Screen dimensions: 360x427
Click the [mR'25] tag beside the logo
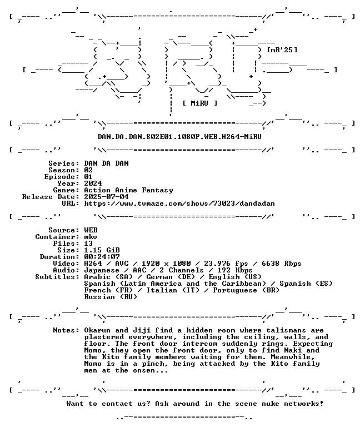[282, 50]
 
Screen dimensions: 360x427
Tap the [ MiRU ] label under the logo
[200, 103]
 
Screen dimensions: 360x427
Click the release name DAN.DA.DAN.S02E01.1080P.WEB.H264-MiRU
[179, 136]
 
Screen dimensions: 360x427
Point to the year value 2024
[93, 183]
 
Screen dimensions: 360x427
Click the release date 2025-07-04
[106, 197]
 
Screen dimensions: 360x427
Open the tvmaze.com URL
[179, 203]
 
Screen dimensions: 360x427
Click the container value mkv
[91, 237]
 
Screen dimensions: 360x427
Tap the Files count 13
[88, 244]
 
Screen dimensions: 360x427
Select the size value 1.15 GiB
[102, 250]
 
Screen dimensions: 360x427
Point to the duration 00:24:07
[102, 257]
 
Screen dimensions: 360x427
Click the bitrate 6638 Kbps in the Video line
[281, 264]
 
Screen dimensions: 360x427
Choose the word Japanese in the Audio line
[102, 270]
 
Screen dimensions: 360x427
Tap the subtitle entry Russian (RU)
[111, 297]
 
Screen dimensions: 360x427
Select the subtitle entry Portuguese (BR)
[246, 290]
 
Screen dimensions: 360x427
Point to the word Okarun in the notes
[97, 330]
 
